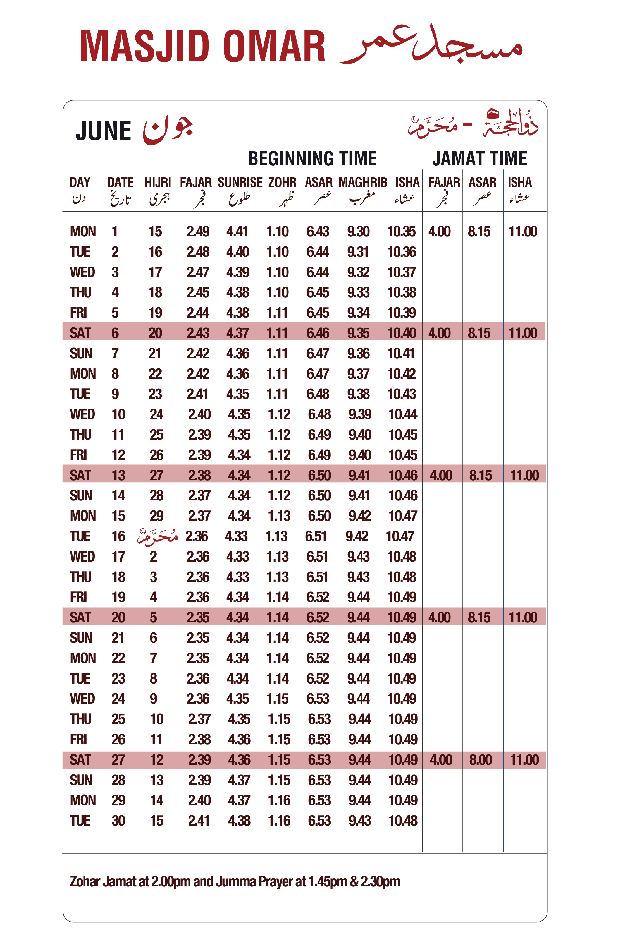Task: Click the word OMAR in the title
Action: coord(274,47)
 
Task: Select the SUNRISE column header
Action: coord(240,183)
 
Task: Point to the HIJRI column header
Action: coord(158,183)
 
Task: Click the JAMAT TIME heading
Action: coord(480,159)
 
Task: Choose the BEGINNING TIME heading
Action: coord(312,159)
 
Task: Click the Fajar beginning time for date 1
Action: coord(198,231)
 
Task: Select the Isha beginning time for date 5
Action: coord(401,313)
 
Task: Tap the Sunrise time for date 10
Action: coord(239,414)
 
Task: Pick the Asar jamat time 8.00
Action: coord(480,760)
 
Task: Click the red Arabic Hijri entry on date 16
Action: coord(158,536)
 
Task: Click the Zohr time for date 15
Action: coord(279,516)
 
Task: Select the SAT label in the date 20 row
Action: coord(80,617)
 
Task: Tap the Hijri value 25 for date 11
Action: coord(156,435)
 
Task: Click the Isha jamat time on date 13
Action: coord(524,475)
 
